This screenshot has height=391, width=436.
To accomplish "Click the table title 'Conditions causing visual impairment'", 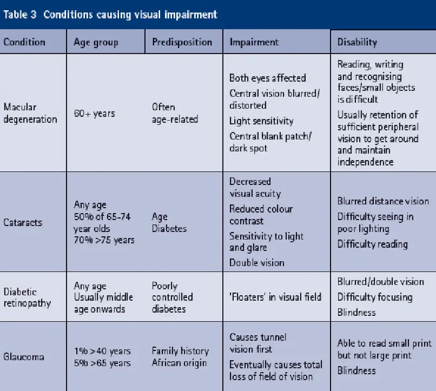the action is (x=130, y=15).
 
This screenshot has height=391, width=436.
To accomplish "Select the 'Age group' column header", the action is (x=96, y=42).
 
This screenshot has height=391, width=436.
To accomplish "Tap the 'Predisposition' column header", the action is (x=182, y=42).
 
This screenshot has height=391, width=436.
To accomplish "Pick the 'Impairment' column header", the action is (x=254, y=42).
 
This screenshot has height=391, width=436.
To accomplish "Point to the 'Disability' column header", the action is (x=357, y=42).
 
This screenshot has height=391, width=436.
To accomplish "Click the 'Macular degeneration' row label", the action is (x=30, y=113).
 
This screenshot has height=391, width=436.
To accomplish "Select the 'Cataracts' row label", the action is (x=23, y=222).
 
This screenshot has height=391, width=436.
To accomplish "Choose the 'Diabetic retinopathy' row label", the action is (x=27, y=297).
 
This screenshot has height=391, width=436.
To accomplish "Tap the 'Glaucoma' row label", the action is (x=24, y=356).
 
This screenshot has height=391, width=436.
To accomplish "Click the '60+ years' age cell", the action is (x=94, y=114).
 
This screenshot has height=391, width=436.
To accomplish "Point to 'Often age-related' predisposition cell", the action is (x=175, y=113).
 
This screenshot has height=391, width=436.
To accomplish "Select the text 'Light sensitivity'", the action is (x=261, y=121).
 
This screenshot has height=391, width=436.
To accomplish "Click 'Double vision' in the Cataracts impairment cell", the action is (x=256, y=263).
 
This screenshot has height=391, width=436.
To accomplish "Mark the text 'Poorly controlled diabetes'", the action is (x=173, y=297).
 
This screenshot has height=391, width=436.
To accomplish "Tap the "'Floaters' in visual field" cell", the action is (x=275, y=297).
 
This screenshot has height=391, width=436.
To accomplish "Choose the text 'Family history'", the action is (x=180, y=351).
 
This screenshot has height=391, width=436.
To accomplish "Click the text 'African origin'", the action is (x=180, y=363).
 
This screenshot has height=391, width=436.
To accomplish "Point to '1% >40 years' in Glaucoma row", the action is (x=102, y=351).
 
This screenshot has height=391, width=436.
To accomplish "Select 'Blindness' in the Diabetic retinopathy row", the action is (x=356, y=313).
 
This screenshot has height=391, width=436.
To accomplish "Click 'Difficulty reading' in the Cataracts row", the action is (x=373, y=244).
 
